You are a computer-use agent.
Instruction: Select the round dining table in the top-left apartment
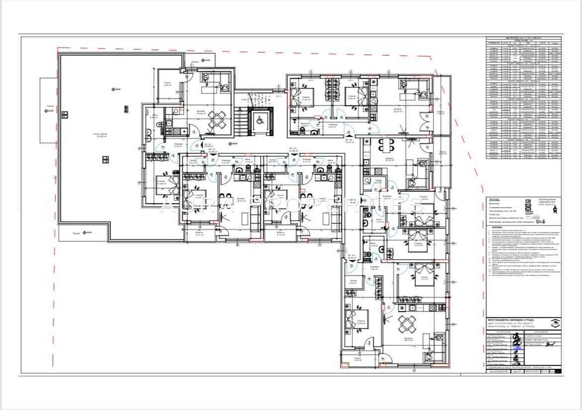pos(217,121)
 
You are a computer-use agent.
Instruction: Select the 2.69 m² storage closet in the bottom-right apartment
pos(353,283)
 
